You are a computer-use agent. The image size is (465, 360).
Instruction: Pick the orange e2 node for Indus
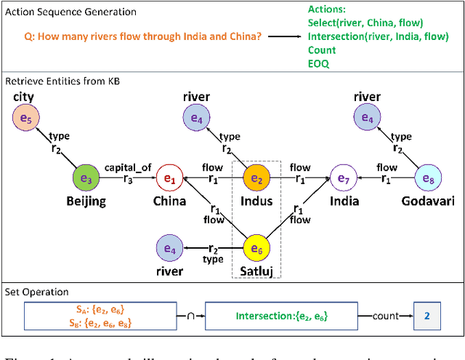coord(256,177)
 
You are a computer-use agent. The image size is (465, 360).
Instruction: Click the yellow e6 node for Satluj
coord(256,249)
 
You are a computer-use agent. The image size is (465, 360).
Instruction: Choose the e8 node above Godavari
coord(427,177)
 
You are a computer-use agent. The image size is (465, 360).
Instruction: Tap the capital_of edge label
coord(128,167)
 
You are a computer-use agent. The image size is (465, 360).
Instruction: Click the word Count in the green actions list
coord(322,50)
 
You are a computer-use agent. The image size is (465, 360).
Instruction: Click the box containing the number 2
coord(426,316)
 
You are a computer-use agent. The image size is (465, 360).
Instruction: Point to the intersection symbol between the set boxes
coord(190,316)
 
